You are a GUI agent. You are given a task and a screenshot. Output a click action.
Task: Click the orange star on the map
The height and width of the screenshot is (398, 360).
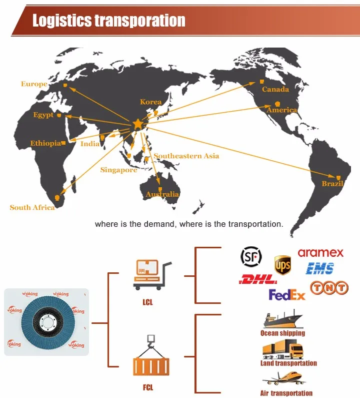pos(137,124)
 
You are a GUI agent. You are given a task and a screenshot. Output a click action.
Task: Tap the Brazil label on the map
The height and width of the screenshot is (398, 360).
pos(332,184)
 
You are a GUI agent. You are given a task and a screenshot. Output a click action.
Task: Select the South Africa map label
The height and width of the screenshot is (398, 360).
pos(32,207)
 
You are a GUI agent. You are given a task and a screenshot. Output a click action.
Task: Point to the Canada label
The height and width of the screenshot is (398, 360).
pos(275,89)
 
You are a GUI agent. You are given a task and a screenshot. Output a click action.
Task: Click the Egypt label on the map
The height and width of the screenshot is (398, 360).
pos(43,115)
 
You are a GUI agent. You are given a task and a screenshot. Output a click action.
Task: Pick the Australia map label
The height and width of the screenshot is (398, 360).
pos(162,194)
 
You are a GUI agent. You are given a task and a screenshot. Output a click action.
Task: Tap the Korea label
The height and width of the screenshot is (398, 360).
pos(150,102)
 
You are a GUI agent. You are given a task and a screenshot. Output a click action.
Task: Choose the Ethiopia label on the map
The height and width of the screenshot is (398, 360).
pos(45,143)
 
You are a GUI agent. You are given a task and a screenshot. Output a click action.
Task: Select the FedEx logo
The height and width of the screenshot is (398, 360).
pos(287,295)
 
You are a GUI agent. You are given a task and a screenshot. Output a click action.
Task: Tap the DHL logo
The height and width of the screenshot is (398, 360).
pos(258,279)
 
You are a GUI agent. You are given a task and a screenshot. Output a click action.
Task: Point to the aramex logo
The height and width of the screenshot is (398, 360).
pos(320,253)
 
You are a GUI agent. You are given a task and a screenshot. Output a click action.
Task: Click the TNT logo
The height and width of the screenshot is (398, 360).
pos(328,287)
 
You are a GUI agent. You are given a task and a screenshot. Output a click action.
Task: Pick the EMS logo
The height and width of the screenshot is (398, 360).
pos(320,268)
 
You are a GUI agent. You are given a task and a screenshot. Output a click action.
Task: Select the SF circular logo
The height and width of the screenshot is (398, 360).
pos(251,257)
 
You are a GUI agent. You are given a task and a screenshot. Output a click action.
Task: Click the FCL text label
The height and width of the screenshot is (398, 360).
pos(147,387)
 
